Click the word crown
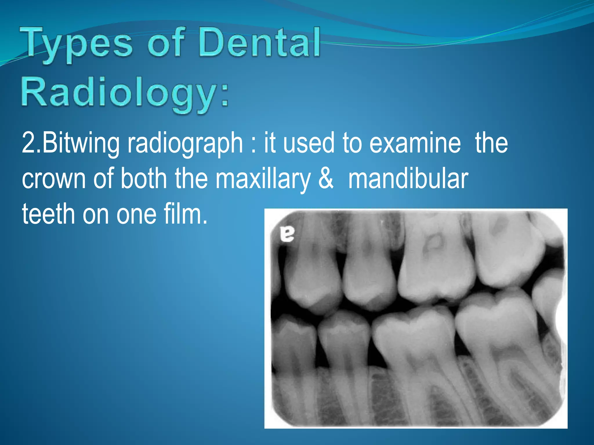point(54,179)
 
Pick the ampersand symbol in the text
point(326,179)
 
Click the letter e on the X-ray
point(287,234)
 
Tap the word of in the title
point(166,43)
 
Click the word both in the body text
point(144,179)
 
